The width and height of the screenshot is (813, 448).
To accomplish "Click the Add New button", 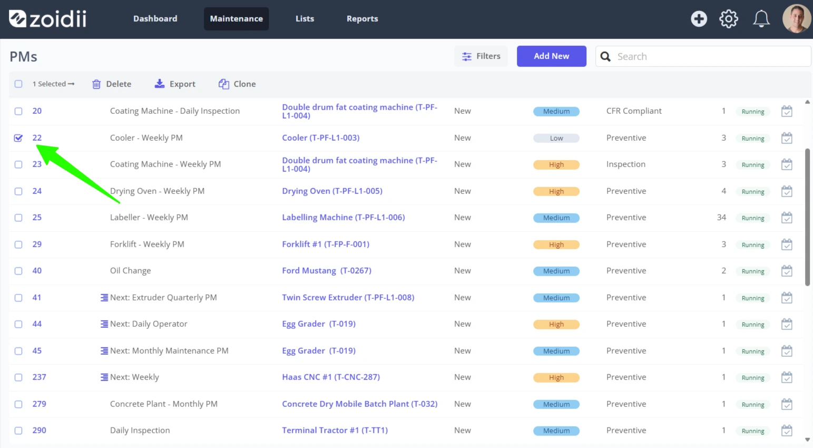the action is [551, 56].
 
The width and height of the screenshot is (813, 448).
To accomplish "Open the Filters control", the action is [481, 56].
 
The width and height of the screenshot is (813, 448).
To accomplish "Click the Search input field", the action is [703, 56].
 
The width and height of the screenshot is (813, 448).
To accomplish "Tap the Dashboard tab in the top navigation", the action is [155, 18].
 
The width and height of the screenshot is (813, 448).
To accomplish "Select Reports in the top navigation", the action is [362, 18].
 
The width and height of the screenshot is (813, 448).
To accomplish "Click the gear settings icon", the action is [729, 19].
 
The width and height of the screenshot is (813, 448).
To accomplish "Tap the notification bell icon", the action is [761, 19].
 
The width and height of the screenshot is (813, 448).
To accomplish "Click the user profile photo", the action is [797, 19].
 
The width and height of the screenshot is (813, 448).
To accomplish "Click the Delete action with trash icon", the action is [111, 84].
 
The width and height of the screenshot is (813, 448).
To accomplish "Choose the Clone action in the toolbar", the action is [237, 84].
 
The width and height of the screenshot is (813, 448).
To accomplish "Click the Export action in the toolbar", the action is [175, 84].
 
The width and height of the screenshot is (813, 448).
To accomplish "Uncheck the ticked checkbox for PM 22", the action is [18, 138].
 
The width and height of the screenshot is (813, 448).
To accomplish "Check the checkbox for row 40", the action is [18, 271].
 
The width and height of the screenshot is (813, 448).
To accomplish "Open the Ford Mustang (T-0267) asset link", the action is [327, 270].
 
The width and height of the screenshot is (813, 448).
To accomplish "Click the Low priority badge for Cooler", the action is [556, 138].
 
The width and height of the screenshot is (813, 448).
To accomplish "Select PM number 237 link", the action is [39, 377].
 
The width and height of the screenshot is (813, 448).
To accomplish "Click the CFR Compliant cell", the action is [634, 111].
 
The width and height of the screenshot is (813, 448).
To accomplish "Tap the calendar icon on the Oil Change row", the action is [787, 271].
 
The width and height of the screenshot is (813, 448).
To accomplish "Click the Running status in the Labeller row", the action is [753, 218].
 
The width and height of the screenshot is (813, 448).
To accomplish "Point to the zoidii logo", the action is [47, 18].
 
